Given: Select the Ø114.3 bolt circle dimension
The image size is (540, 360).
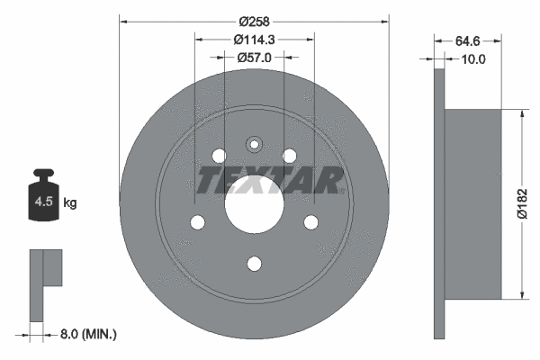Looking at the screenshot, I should pos(255,39).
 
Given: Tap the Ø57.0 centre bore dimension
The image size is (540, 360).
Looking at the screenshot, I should pos(255,58).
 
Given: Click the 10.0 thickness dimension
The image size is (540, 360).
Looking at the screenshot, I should pos(472,59).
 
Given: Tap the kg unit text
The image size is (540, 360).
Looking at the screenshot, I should pos(70,203).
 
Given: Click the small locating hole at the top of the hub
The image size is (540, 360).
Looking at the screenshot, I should pos(254,143).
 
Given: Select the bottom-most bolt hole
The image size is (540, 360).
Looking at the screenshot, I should pos(254,263).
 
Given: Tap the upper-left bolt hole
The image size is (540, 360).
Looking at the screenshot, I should pos(219,156).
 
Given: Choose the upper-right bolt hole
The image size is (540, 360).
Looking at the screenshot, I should pos(289,156).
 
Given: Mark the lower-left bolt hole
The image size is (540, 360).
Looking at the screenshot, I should pos(197,222).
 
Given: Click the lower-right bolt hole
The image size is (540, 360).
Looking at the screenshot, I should pos(310,222).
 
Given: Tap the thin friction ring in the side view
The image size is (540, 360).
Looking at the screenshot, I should pos(438,203).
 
